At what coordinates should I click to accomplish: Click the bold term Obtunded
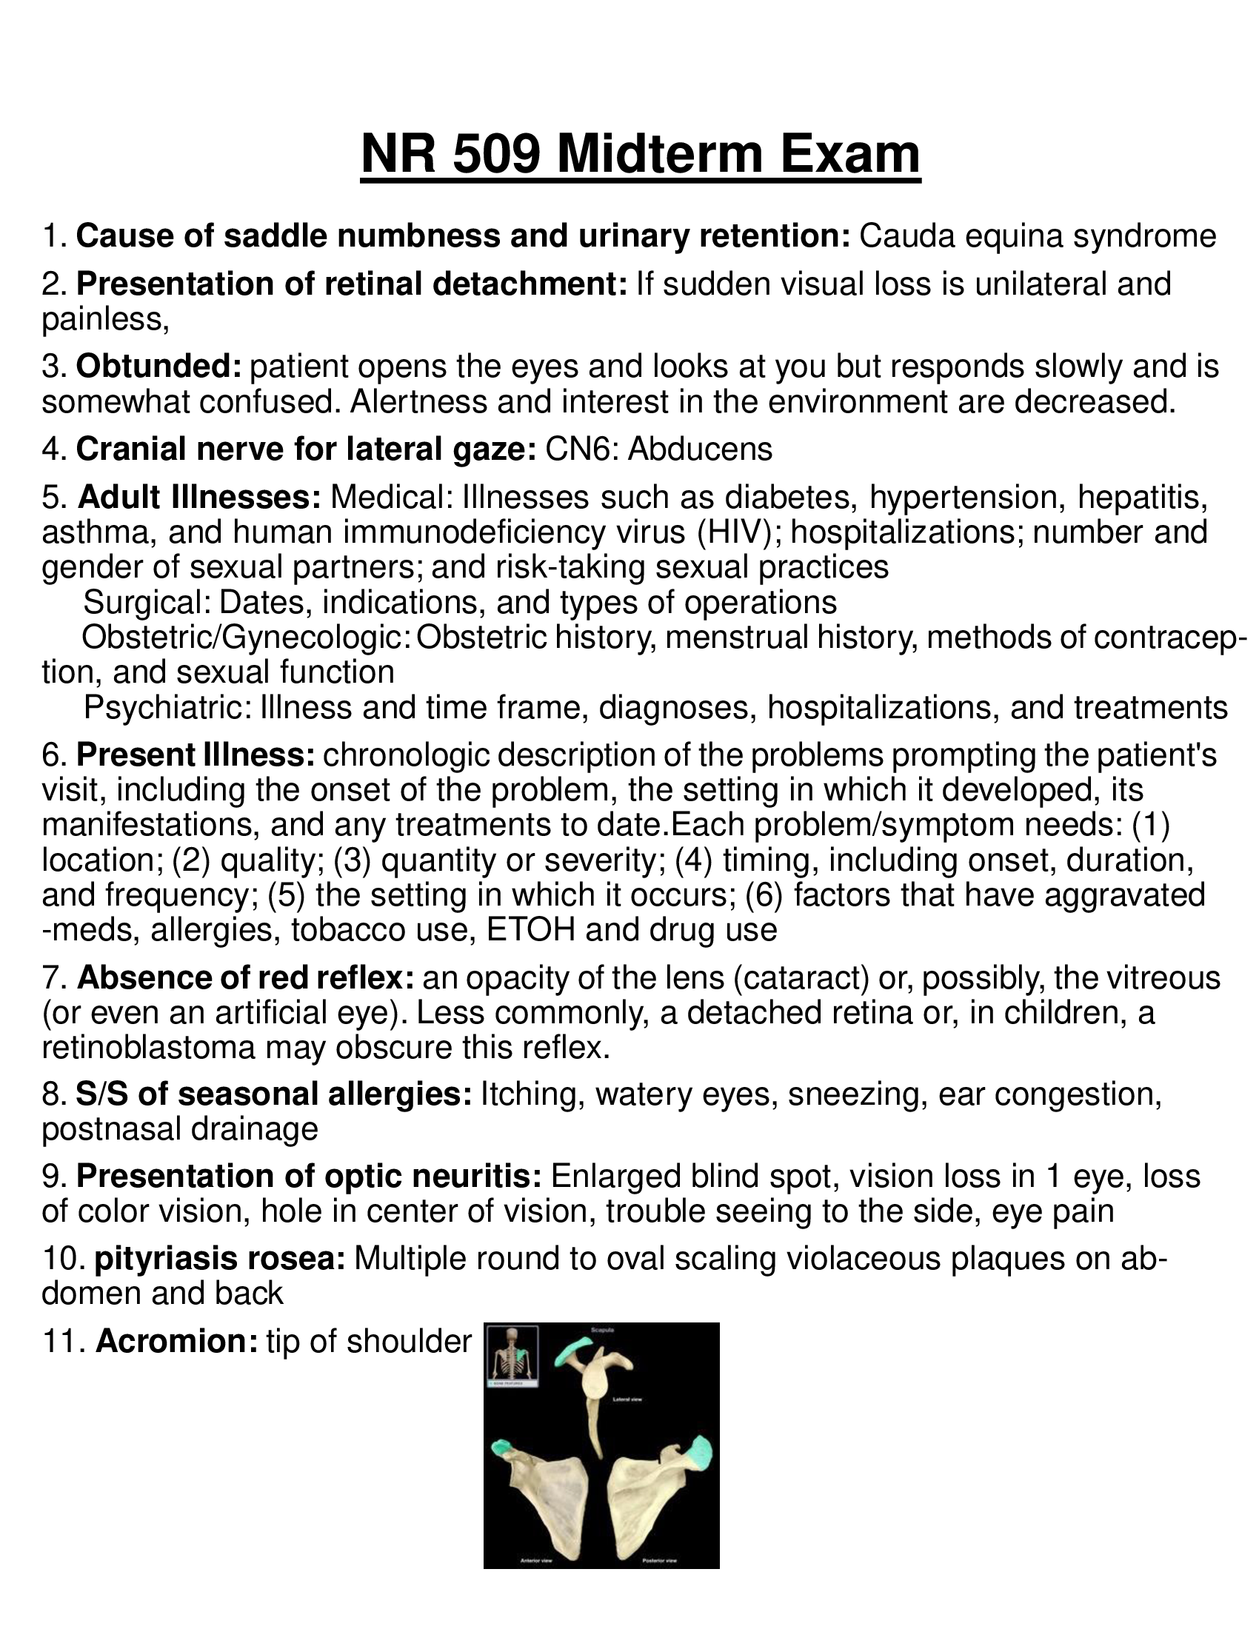click(159, 367)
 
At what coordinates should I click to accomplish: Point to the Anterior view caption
click(535, 1559)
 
